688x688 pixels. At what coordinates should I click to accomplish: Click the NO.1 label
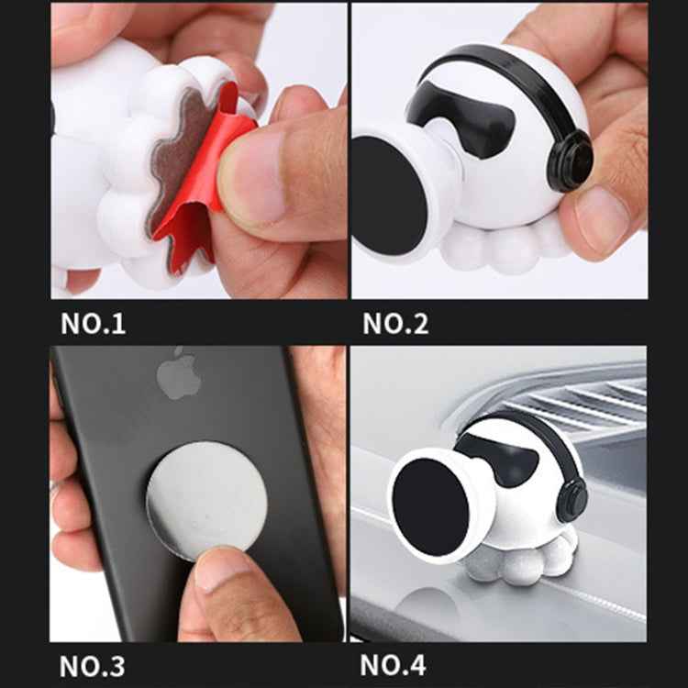click(x=93, y=324)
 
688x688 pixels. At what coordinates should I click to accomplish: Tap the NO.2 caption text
click(x=394, y=324)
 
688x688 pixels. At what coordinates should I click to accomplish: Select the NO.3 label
click(x=93, y=664)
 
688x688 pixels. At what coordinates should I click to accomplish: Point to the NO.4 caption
click(x=394, y=664)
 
